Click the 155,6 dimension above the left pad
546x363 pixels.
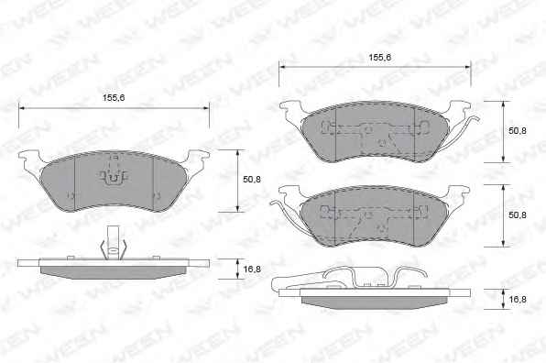pos(114,98)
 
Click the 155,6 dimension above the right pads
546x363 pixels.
pos(380,58)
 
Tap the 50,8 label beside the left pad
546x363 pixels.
pos(252,180)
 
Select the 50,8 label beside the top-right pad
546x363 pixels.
pos(518,131)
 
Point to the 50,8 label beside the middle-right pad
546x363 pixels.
pos(518,214)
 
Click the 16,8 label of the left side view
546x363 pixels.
pos(252,269)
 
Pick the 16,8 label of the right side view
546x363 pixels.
pos(518,299)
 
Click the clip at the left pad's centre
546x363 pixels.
pos(113,178)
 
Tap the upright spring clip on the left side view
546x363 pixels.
pos(113,244)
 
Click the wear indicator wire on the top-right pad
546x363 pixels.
pos(464,131)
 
